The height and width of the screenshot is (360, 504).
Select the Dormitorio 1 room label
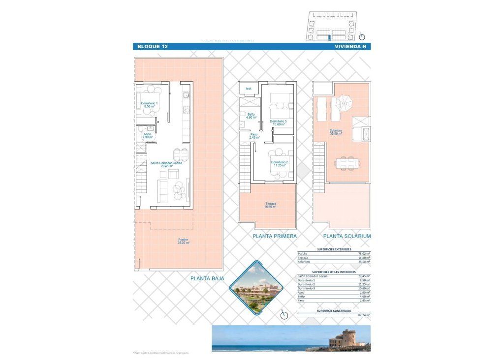(x=149, y=105)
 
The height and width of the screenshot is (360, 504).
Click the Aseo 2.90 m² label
(x=147, y=135)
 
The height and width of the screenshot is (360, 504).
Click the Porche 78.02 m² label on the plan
(x=183, y=241)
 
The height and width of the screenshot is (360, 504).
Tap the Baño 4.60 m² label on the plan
(x=252, y=116)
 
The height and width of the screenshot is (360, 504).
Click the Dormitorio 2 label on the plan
(x=279, y=164)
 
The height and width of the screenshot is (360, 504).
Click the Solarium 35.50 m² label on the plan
(x=336, y=132)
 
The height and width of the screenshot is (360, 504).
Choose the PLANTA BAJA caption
(x=207, y=278)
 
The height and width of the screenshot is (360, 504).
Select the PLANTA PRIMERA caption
(x=274, y=237)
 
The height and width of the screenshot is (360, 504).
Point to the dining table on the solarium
(x=347, y=162)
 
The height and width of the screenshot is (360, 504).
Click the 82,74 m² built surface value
(x=364, y=314)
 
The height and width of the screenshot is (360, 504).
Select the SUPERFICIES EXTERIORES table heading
(x=334, y=249)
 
